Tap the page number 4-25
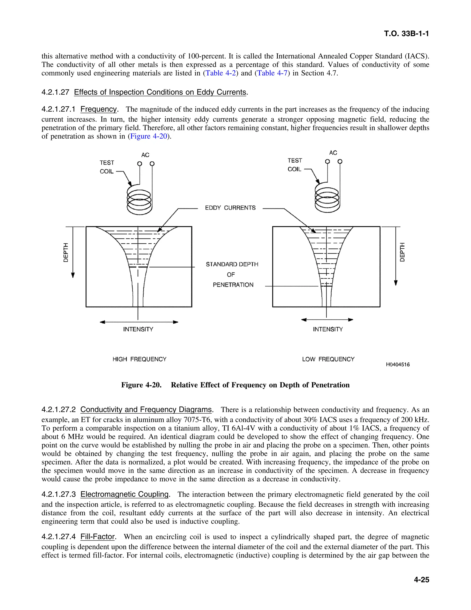click(421, 580)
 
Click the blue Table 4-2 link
click(221, 73)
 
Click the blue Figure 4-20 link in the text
click(148, 136)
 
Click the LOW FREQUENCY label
click(328, 359)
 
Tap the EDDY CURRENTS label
click(230, 208)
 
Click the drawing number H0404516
click(398, 364)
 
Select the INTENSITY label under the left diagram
click(138, 329)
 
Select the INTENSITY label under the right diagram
click(328, 329)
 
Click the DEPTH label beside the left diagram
click(66, 252)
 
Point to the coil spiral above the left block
click(139, 200)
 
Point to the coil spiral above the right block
click(327, 198)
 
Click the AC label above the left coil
click(145, 155)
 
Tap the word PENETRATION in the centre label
click(233, 285)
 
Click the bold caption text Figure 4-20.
click(141, 385)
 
